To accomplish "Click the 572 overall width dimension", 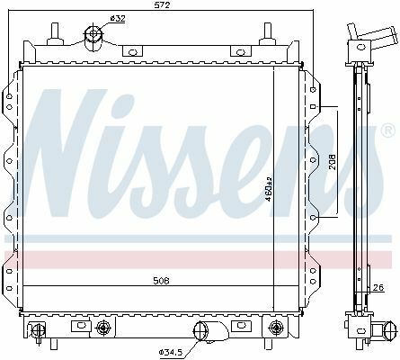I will (x=161, y=5).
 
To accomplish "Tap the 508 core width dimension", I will (x=160, y=280).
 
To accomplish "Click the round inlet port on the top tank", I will (x=93, y=37).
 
